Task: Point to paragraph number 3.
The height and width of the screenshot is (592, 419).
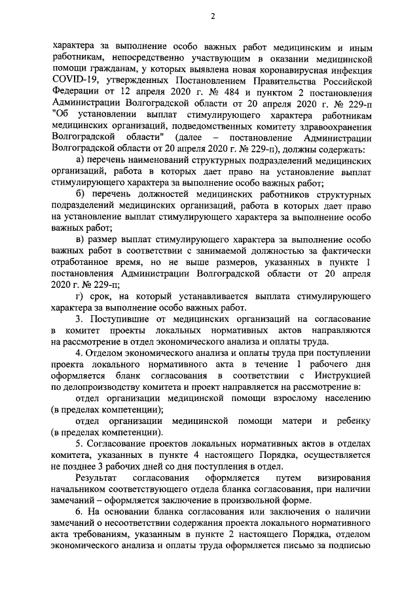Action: pos(79,319)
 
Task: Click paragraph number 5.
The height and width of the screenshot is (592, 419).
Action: pos(79,444)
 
